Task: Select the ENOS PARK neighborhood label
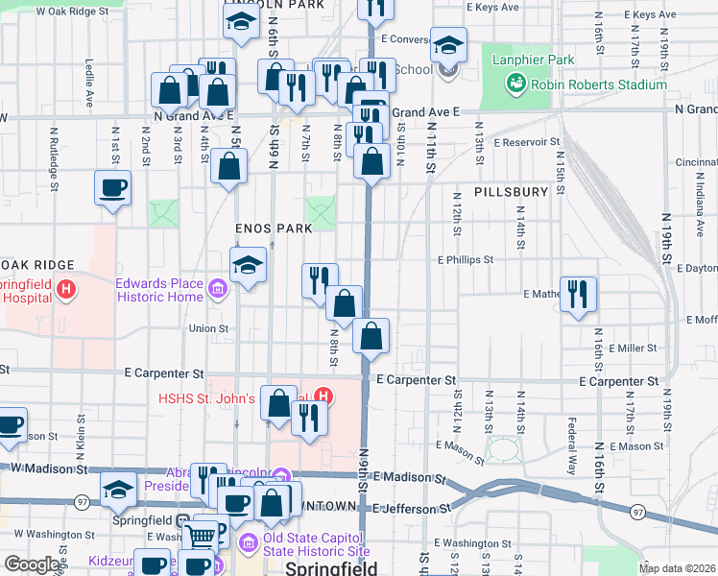tap(275, 228)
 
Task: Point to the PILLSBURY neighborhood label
tap(510, 192)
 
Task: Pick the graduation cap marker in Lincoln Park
tap(241, 22)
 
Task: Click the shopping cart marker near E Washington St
tap(203, 533)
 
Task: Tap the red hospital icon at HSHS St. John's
tap(324, 396)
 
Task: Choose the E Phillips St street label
tap(466, 259)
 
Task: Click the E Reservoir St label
tap(526, 142)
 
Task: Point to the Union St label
tap(208, 328)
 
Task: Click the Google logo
tap(33, 564)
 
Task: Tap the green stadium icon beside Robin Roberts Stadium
tap(516, 84)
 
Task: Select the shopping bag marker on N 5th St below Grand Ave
tap(231, 165)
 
